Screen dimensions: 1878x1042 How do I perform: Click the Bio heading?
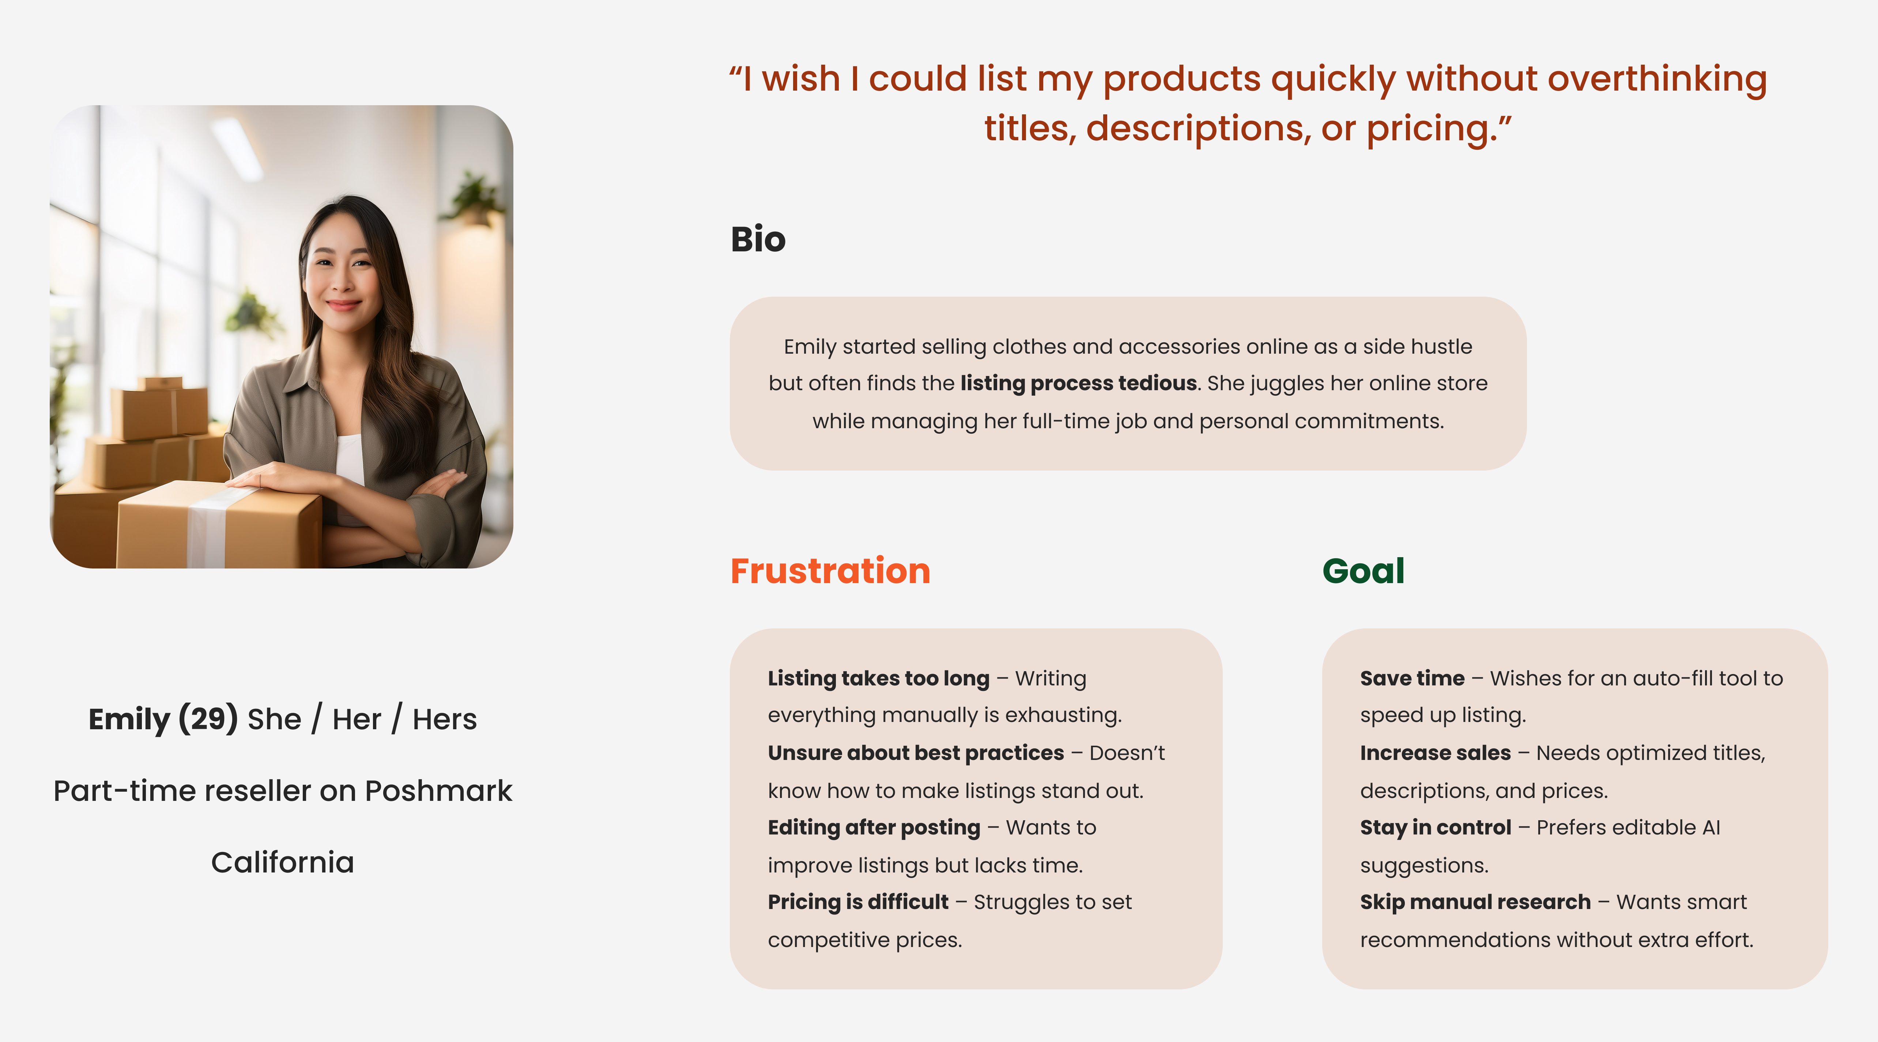(758, 239)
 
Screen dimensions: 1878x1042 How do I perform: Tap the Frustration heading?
(830, 571)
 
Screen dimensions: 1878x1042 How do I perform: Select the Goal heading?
(1363, 571)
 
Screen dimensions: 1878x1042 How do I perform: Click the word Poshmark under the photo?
(438, 791)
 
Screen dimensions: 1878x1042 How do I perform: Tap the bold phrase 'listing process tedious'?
(1079, 383)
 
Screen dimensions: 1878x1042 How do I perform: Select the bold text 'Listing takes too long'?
(879, 678)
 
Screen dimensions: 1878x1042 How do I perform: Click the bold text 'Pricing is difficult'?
(858, 902)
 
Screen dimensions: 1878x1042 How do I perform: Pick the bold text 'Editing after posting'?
(874, 828)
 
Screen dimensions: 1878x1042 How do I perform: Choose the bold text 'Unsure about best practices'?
(916, 753)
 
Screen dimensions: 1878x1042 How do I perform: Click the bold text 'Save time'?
(1412, 678)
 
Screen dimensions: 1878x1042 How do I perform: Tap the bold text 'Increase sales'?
(1436, 753)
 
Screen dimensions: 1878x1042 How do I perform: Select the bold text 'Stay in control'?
(1436, 828)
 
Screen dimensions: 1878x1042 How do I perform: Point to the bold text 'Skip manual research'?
(1475, 902)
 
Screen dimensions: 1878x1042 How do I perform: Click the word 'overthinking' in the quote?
(1657, 79)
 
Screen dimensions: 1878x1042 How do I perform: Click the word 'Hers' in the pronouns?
(445, 719)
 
